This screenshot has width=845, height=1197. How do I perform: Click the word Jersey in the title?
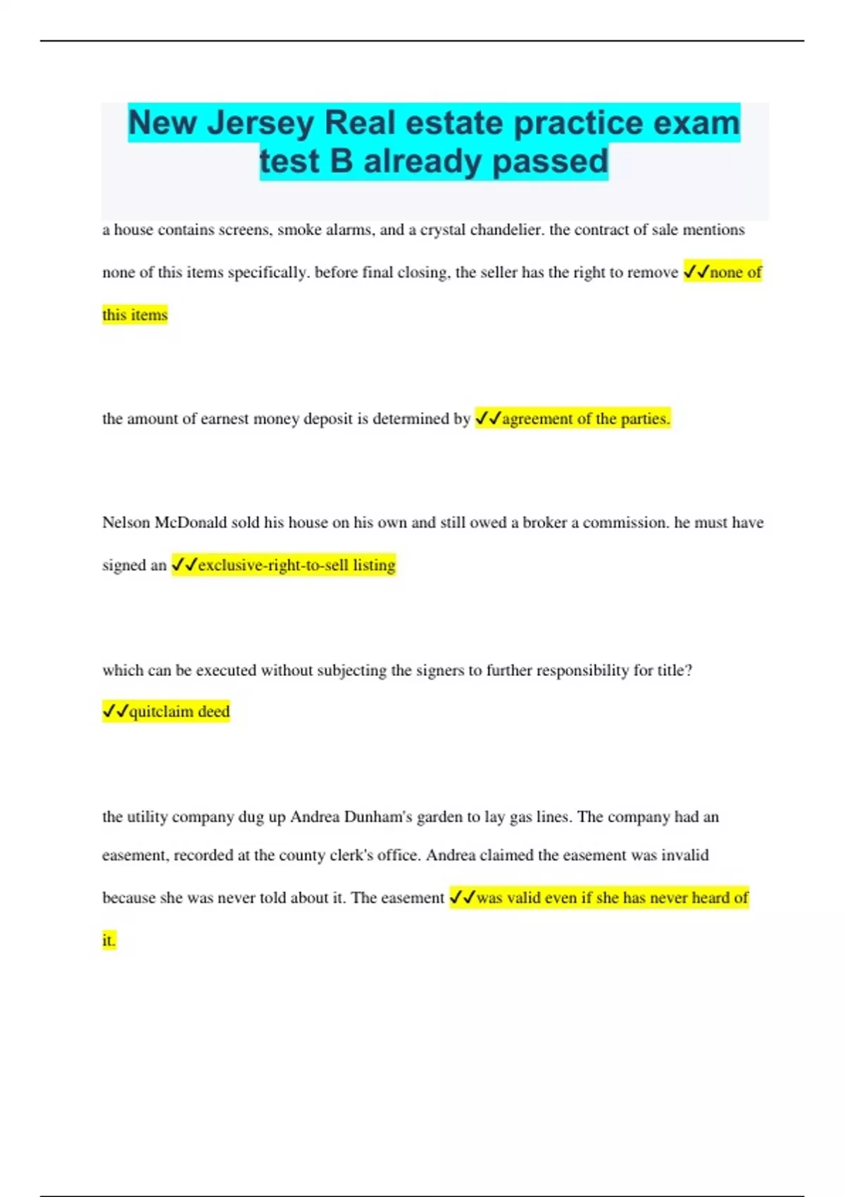(x=261, y=124)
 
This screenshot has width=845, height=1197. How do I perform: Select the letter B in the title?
(x=341, y=161)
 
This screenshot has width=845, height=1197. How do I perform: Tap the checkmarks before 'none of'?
(x=696, y=272)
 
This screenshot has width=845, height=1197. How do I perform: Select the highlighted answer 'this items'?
(x=135, y=315)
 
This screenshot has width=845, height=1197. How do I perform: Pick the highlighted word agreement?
(x=537, y=419)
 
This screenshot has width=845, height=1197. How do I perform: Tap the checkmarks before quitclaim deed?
(x=115, y=712)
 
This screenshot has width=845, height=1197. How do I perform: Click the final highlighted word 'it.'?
(x=108, y=941)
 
